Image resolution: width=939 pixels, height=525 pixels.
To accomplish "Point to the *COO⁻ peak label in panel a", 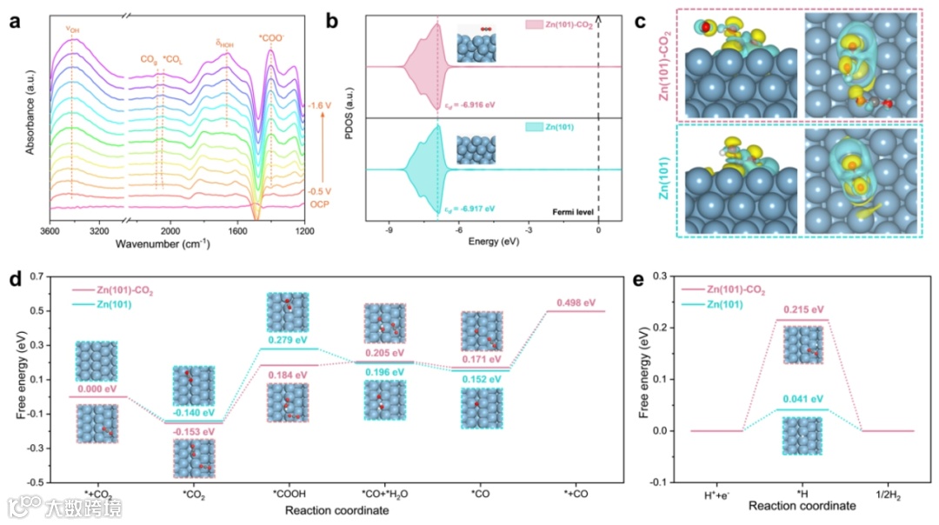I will [271, 37].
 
